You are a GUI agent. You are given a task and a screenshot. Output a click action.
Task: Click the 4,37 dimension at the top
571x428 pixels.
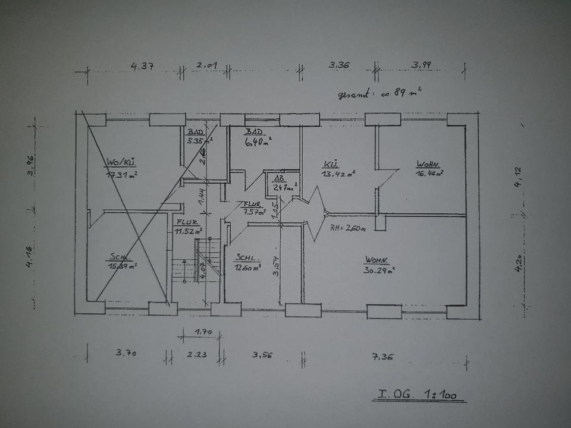point(141,66)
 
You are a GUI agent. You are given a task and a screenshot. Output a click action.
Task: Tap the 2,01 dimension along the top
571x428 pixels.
point(207,65)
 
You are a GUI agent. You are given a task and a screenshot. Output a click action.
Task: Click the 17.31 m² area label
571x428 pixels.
point(122,175)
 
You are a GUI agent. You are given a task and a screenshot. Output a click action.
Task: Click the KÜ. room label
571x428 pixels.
point(331,163)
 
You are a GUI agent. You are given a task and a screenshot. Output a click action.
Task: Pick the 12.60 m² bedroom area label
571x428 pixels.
point(248,267)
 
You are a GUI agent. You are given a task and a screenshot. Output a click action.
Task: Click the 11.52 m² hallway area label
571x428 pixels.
point(188,231)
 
